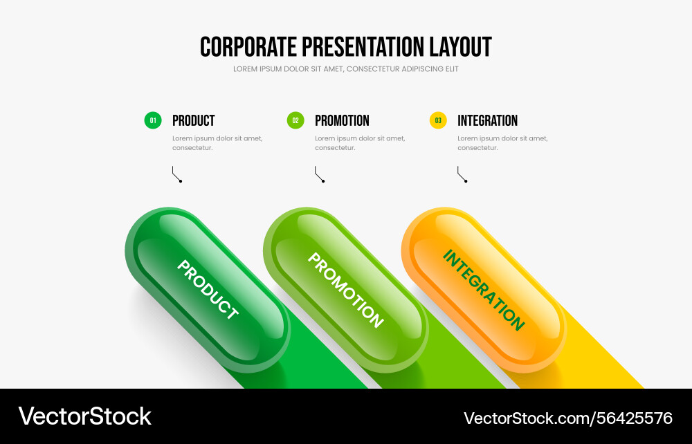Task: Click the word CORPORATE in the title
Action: point(248,47)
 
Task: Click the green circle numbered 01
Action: point(153,120)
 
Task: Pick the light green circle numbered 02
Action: point(295,120)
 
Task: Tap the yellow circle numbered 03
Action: point(438,120)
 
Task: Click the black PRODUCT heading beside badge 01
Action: point(193,120)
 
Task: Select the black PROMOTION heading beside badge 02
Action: point(342,120)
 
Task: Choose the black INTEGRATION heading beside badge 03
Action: point(487,120)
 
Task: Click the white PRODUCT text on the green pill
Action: point(208,289)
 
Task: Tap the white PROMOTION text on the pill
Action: point(345,290)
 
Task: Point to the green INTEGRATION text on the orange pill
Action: point(484,290)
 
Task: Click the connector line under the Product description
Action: point(176,174)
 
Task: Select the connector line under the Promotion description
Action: point(319,174)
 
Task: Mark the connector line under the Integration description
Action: point(462,174)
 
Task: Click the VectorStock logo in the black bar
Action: point(84,416)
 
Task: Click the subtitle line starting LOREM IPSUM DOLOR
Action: point(345,68)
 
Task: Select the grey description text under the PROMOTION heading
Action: point(360,143)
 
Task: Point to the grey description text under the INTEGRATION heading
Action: point(502,143)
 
